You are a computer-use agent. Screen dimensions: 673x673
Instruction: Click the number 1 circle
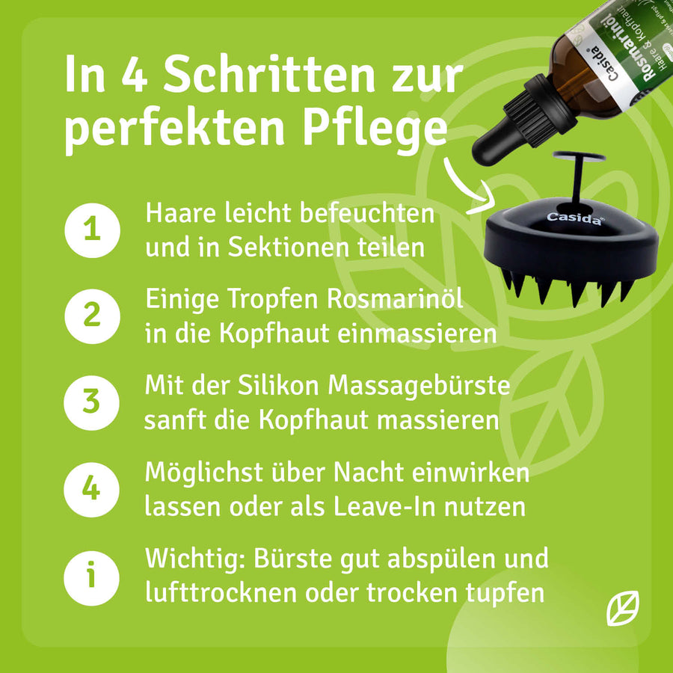click(92, 230)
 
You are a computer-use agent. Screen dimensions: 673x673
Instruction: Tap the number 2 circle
click(92, 316)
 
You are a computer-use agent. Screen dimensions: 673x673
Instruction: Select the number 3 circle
click(91, 402)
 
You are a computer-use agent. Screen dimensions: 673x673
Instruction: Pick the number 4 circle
click(91, 489)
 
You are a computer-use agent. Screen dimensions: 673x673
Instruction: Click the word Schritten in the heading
click(269, 74)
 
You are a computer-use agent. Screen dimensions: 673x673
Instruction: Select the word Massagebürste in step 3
click(419, 384)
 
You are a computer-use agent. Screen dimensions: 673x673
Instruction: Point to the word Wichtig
click(196, 559)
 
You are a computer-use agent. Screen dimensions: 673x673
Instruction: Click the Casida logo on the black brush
click(575, 218)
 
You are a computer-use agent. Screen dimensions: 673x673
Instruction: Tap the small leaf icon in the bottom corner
click(622, 608)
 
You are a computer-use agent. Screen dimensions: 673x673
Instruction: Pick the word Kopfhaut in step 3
click(314, 420)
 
